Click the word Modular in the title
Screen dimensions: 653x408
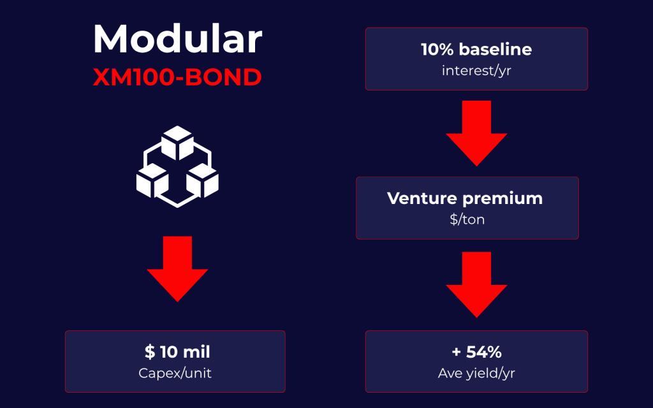coord(177,39)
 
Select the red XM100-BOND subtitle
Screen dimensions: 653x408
coord(177,77)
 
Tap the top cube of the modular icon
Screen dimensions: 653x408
coord(177,143)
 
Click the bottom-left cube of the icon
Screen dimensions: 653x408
coord(152,180)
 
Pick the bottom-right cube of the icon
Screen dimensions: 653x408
coord(202,180)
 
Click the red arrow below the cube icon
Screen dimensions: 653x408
coord(177,269)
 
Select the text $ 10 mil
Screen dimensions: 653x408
coord(177,352)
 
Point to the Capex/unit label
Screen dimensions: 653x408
coord(175,373)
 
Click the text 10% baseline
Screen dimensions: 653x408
coord(476,50)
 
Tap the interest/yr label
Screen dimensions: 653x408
coord(476,71)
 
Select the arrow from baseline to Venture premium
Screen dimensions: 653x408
coord(476,133)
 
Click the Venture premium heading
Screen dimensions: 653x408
coord(465,199)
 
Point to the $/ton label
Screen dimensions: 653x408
coord(467,219)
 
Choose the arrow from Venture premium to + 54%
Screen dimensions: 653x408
coord(476,285)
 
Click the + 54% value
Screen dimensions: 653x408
coord(476,352)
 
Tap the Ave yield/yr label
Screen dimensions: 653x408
coord(476,373)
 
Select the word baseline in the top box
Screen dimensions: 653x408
coord(495,50)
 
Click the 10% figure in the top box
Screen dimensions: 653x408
coord(437,50)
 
